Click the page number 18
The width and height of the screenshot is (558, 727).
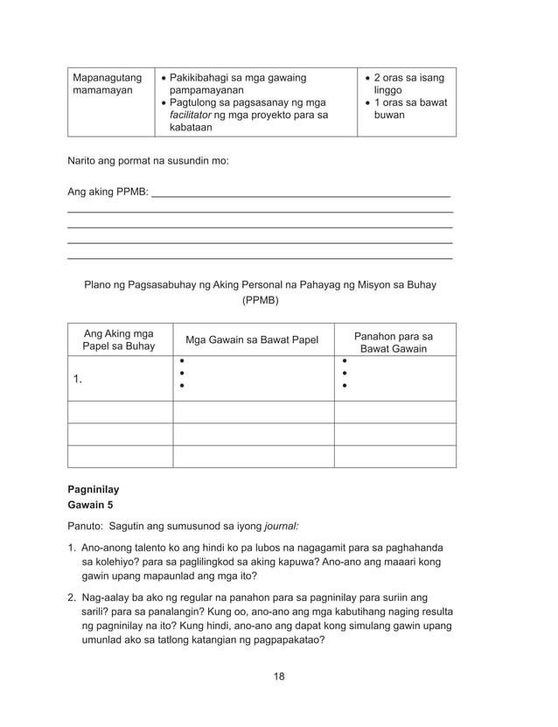click(278, 675)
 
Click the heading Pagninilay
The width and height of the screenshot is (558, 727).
click(93, 490)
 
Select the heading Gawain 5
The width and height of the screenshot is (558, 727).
click(92, 506)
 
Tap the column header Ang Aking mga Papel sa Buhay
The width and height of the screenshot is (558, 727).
click(118, 339)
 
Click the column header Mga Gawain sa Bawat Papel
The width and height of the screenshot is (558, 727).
click(253, 340)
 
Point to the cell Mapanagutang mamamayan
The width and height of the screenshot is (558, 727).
click(107, 85)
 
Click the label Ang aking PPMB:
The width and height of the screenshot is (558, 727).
click(108, 192)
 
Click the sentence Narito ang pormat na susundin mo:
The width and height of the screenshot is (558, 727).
click(148, 161)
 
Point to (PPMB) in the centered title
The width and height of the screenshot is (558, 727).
click(260, 300)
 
